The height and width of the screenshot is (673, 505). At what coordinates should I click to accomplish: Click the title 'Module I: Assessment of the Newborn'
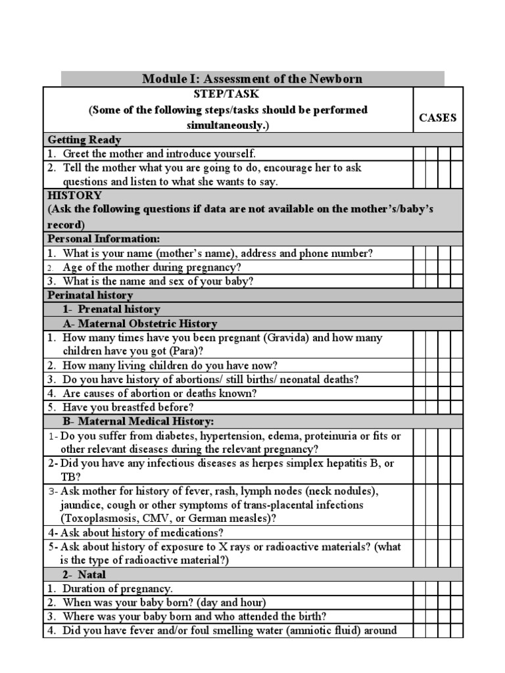tap(252, 80)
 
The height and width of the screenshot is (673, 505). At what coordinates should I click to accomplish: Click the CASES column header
tap(438, 118)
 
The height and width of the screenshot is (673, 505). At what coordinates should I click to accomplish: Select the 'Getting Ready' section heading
tap(84, 140)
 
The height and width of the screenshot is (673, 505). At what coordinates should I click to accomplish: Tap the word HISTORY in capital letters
tap(74, 195)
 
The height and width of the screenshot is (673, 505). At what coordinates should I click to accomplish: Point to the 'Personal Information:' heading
tap(103, 239)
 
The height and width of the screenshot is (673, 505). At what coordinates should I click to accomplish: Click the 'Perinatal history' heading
tap(90, 295)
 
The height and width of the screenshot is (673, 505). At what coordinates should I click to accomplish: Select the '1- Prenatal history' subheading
tap(111, 309)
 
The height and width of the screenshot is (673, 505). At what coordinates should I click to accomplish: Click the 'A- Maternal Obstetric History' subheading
tap(139, 323)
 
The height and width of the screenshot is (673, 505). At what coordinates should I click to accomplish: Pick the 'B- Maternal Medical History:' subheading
tap(138, 421)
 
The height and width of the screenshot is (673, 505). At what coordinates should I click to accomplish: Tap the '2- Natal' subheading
tap(84, 574)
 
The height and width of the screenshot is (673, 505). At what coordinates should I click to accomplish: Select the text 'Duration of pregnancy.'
tap(118, 589)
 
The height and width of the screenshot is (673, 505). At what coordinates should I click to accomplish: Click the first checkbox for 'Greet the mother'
tap(420, 154)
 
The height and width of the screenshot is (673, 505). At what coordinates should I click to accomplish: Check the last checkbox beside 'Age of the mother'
tap(457, 267)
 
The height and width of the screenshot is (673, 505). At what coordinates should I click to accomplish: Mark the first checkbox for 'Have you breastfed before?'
tap(420, 407)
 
